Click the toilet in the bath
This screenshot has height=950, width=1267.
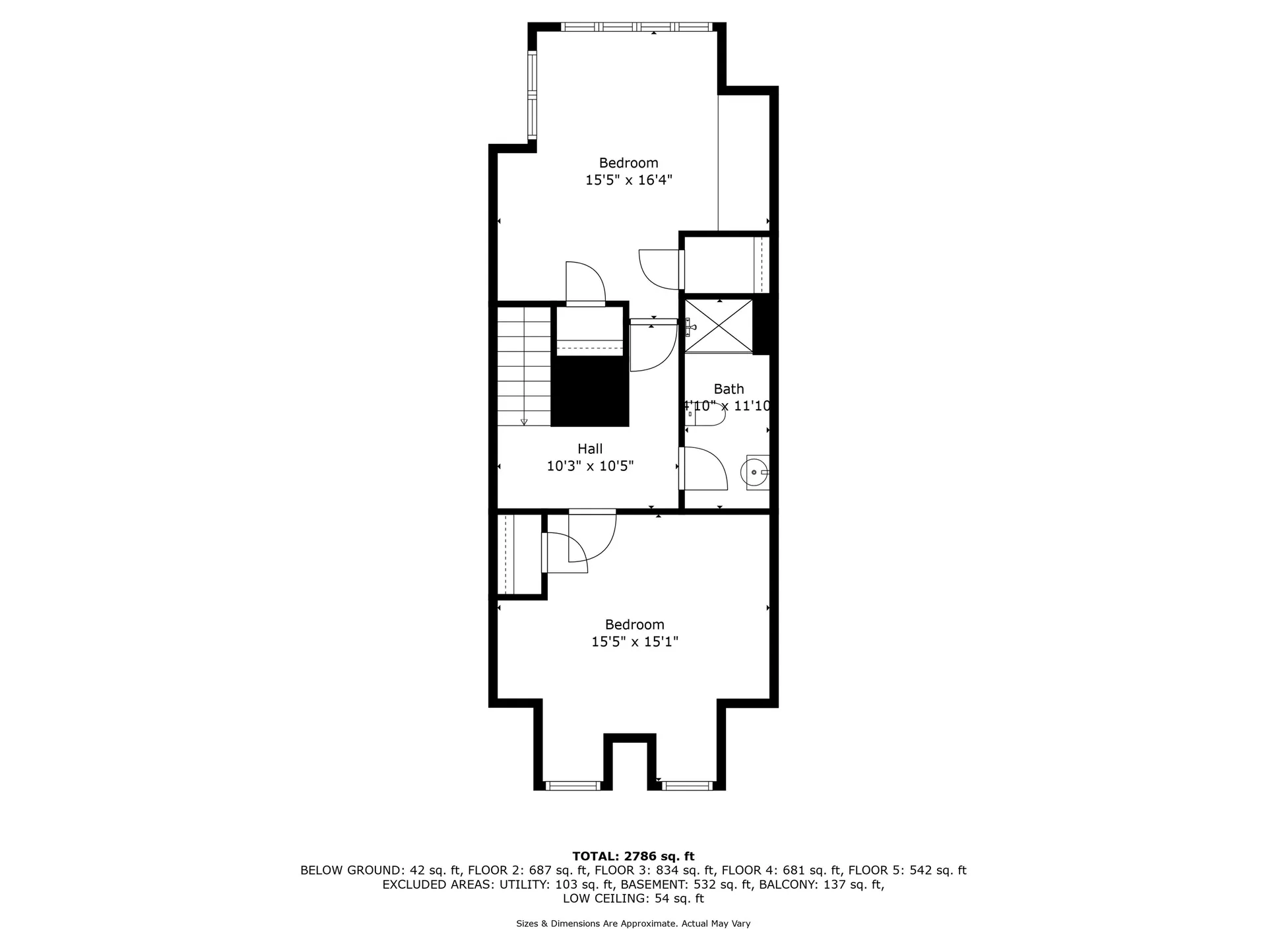(x=705, y=414)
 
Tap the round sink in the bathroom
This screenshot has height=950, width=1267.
(x=755, y=472)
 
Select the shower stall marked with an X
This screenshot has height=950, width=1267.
(x=719, y=326)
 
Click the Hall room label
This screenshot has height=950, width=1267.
(x=590, y=449)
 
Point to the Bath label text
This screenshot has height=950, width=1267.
(x=729, y=389)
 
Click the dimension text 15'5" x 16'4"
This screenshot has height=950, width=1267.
(x=629, y=179)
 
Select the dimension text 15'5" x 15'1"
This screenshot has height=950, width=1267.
(x=635, y=641)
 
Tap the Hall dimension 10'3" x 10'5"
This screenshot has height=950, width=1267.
(x=590, y=466)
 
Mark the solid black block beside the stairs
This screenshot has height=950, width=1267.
(x=590, y=391)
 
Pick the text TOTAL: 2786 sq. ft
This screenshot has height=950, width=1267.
(x=633, y=856)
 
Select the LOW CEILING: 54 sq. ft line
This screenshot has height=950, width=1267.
(x=633, y=899)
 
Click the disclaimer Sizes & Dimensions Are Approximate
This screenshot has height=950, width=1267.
(x=597, y=924)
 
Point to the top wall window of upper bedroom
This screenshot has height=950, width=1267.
(x=636, y=27)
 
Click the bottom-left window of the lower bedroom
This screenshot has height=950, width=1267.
(x=573, y=785)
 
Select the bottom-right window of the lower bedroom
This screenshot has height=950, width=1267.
(x=688, y=785)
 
